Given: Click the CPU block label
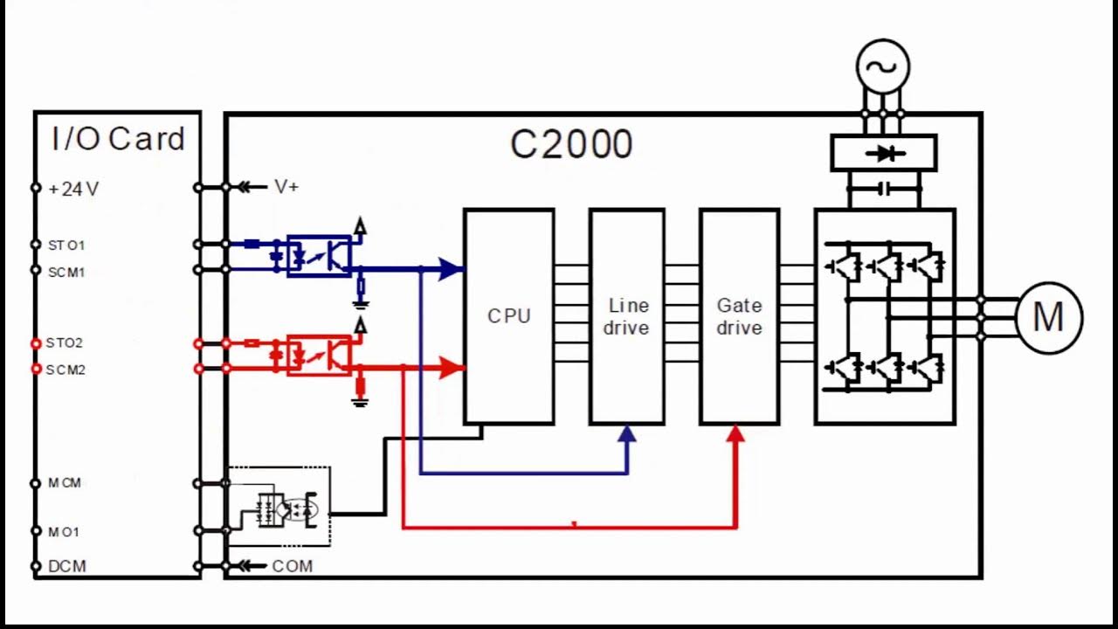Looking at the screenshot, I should [508, 316].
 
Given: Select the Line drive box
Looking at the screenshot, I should [627, 316].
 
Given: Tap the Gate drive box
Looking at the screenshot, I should [739, 316].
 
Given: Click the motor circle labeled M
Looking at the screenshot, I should [1048, 317].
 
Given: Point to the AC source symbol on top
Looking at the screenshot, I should [882, 66].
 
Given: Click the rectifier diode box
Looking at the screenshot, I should [883, 153].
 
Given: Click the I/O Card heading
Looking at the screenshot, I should [118, 139].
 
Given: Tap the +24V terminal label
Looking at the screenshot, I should [73, 189].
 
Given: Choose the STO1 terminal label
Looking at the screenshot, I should [66, 245].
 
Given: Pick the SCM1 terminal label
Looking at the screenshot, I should [66, 272].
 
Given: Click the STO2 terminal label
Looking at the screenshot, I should [65, 343].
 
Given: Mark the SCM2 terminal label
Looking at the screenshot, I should [66, 370].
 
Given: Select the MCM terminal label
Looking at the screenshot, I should [65, 483].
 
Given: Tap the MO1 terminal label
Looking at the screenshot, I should [64, 531].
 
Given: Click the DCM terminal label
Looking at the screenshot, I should [67, 566].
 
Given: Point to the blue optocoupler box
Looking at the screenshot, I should [320, 255].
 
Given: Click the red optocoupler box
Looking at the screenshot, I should [320, 355].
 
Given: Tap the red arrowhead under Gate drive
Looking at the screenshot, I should [735, 433].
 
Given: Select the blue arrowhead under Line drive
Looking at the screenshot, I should [627, 433].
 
